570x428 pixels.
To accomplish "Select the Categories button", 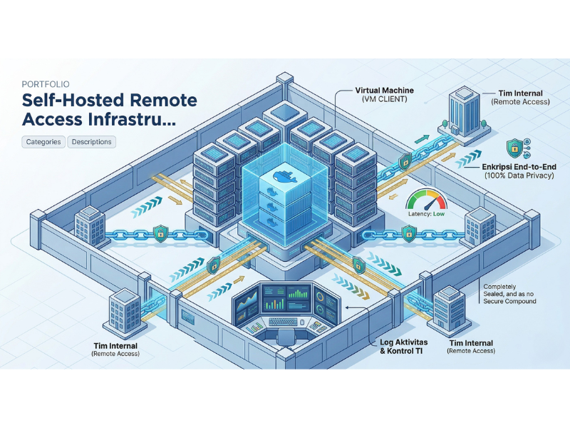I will tap(43, 142).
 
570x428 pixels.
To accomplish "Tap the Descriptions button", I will tap(92, 142).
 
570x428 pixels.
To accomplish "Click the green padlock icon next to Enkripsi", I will tap(512, 148).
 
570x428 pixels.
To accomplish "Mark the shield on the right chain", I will tap(410, 233).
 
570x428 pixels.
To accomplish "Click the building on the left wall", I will tap(90, 221).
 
